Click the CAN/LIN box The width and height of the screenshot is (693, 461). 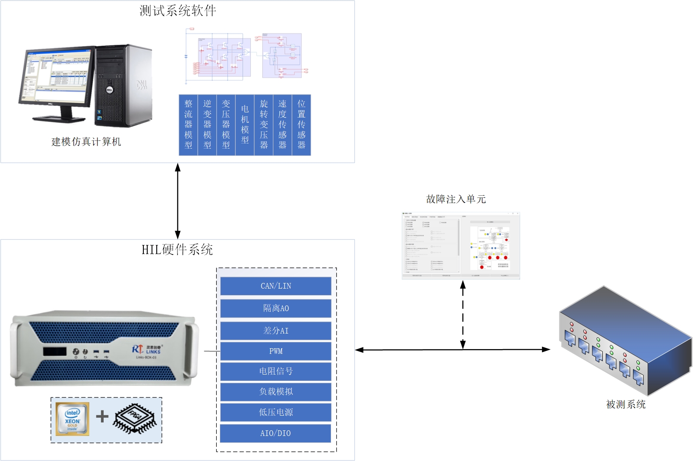275,286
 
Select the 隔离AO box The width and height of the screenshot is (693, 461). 275,308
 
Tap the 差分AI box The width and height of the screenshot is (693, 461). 275,331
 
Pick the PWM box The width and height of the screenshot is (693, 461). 275,351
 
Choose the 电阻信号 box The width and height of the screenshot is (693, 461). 275,371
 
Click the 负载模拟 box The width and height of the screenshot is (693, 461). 275,391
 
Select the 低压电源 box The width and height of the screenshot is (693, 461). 275,412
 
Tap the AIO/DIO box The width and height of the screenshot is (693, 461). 275,433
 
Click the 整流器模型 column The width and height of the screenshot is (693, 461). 188,125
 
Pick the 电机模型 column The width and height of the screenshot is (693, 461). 245,125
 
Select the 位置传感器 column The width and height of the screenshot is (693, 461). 301,125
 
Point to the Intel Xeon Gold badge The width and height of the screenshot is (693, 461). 73,419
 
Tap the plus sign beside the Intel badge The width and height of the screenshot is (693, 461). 102,416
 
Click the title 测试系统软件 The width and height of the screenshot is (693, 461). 177,11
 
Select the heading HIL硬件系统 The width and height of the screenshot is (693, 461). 177,250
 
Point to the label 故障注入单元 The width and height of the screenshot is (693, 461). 456,199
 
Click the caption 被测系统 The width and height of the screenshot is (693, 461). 626,404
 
